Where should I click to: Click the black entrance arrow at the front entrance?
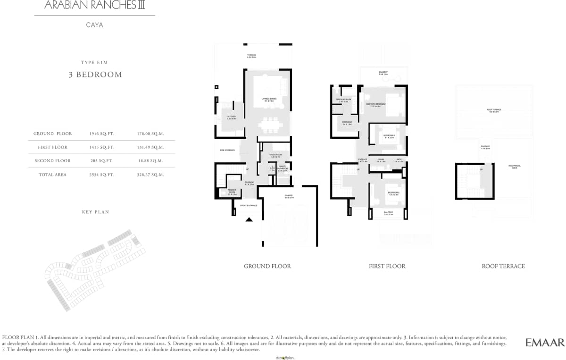coord(249,219)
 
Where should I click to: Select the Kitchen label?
coord(231,117)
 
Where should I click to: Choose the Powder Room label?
coord(232,192)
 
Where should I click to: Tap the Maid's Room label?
coord(275,155)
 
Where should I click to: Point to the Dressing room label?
coord(347,123)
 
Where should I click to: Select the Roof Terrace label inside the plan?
coord(494,110)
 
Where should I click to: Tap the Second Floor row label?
coord(53,161)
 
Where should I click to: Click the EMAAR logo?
coord(545,343)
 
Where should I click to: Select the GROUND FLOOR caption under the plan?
coord(267,266)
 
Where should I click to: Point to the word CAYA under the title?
coord(94,25)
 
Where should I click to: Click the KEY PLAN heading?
coord(95,212)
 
